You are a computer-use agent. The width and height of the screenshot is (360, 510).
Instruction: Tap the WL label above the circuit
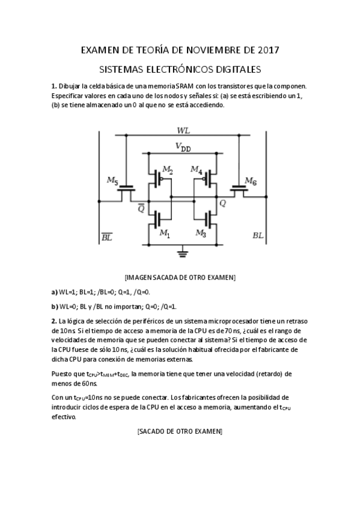click(183, 131)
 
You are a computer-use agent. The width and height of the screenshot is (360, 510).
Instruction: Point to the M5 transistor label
click(112, 180)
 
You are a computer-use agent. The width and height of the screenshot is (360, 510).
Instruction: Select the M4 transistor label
click(196, 170)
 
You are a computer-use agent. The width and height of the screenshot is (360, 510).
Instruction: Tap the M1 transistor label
click(164, 233)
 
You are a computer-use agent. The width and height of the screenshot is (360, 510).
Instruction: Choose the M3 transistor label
click(201, 233)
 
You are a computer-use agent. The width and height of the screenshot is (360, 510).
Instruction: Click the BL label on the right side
click(258, 236)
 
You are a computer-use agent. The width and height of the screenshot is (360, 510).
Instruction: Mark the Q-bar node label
click(141, 208)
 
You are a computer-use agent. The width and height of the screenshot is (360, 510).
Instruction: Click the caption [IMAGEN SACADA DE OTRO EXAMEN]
click(180, 277)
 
